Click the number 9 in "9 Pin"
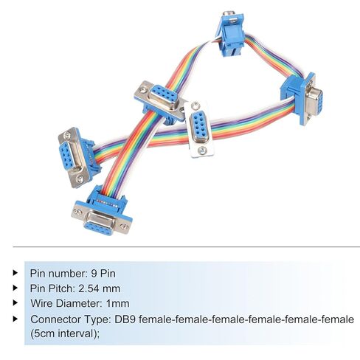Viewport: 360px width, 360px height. click(94, 274)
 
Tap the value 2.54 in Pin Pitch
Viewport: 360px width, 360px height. click(89, 288)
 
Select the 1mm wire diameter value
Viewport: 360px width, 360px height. click(117, 303)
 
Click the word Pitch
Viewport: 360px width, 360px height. click(63, 288)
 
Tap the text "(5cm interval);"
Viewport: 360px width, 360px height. click(65, 334)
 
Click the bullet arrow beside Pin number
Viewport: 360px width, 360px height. click(15, 273)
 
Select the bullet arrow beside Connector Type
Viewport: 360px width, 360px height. click(15, 319)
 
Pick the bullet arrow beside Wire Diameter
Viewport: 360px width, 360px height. click(15, 302)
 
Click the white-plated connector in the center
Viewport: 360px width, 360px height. click(199, 129)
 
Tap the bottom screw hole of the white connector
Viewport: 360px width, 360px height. click(202, 150)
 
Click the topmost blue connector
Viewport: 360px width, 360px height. click(229, 33)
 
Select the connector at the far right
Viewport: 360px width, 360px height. click(303, 97)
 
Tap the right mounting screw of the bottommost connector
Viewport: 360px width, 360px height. click(125, 227)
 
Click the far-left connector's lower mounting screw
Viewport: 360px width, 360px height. click(79, 179)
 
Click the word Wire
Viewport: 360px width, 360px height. click(42, 303)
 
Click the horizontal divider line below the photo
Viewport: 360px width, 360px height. click(186, 246)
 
